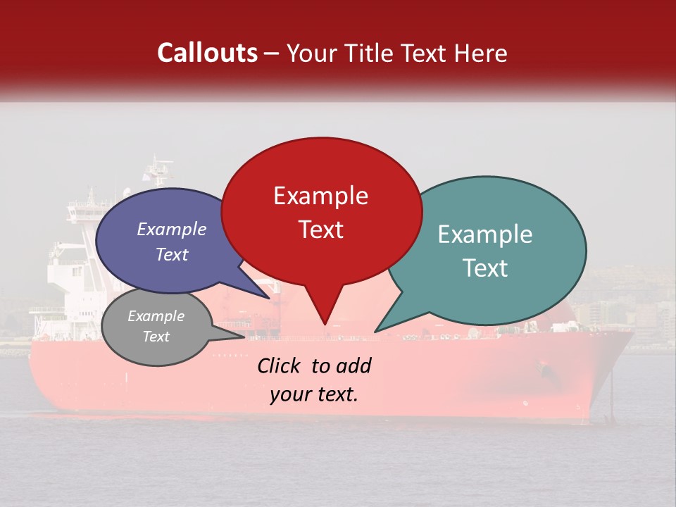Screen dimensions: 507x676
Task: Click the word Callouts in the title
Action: point(207,53)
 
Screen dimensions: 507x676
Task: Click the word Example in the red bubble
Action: point(320,196)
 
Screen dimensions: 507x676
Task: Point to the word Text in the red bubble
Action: point(320,230)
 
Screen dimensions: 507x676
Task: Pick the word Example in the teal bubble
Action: point(484,234)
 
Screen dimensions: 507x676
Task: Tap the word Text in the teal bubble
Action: point(486,268)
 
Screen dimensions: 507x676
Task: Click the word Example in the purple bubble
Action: point(171,229)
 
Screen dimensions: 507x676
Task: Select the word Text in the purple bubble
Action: point(171,254)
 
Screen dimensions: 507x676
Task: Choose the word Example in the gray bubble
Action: point(156,316)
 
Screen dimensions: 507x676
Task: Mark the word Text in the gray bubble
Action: point(156,337)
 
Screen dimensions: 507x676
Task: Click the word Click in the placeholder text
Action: point(280,365)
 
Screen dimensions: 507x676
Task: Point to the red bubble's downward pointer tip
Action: point(325,325)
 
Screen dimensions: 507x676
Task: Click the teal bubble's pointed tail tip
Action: point(375,332)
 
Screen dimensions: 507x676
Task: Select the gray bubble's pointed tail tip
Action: point(245,337)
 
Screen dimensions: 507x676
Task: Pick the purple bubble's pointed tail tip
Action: point(270,299)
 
